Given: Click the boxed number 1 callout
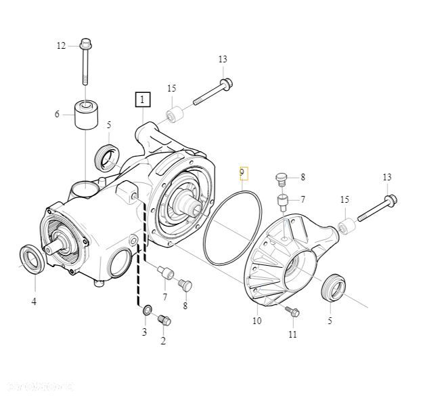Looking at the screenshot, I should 142,100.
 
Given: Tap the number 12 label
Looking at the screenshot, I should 62,45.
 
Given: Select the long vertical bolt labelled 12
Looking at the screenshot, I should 86,64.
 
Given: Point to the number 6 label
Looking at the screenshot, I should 58,115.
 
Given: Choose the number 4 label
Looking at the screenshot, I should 34,301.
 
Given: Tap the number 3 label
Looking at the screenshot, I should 144,332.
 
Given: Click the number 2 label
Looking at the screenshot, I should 162,341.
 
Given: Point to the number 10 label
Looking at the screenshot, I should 257,321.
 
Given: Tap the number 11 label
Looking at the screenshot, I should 292,334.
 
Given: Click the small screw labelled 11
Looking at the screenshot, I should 292,311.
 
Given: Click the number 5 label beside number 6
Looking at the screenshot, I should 108,125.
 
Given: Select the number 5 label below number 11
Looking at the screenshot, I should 330,321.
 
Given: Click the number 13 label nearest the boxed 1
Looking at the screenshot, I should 223,60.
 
